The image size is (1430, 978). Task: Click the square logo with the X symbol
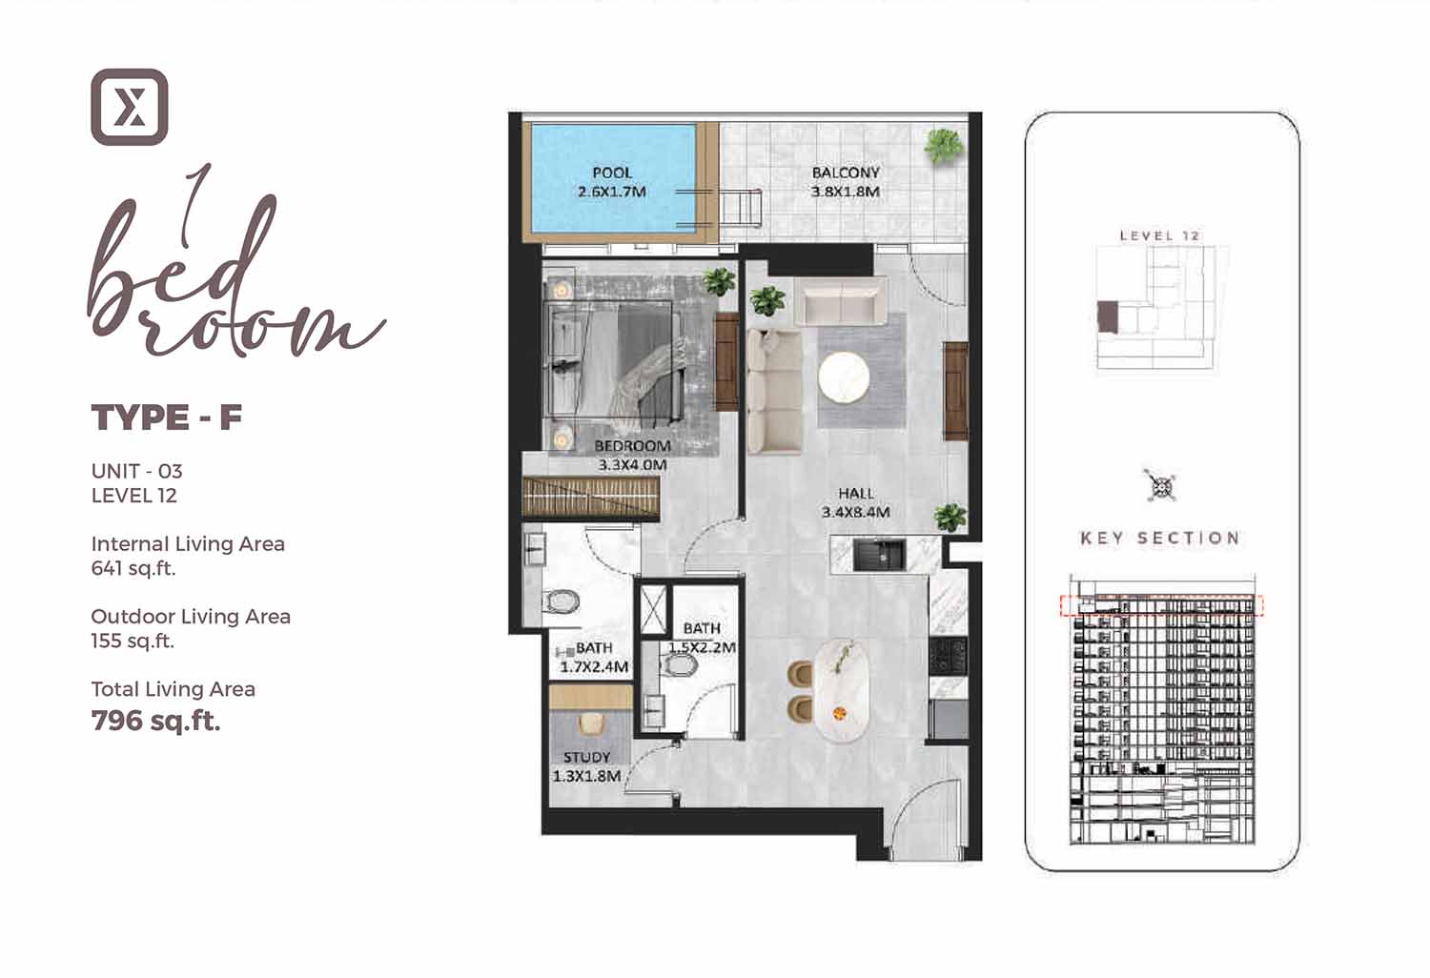130,108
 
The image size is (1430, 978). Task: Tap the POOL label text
612,173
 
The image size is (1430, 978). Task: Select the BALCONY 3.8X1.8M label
846,182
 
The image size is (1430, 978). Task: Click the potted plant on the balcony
944,146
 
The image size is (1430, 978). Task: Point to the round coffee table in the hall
844,377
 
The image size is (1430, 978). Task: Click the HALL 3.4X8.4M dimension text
855,502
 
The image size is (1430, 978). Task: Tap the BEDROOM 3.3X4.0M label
633,456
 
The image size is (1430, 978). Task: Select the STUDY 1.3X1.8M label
586,766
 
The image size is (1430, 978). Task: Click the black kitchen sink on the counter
879,555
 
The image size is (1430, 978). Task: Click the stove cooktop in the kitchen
948,656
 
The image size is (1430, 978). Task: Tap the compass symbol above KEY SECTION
1160,487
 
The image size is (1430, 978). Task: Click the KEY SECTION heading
1160,539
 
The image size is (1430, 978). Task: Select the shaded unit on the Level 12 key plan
1108,316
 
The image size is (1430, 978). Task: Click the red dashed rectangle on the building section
1162,605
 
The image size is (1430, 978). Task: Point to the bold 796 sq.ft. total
155,722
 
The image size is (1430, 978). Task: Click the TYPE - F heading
167,418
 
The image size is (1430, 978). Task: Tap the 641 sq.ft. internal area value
133,568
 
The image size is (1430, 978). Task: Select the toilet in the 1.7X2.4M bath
562,601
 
